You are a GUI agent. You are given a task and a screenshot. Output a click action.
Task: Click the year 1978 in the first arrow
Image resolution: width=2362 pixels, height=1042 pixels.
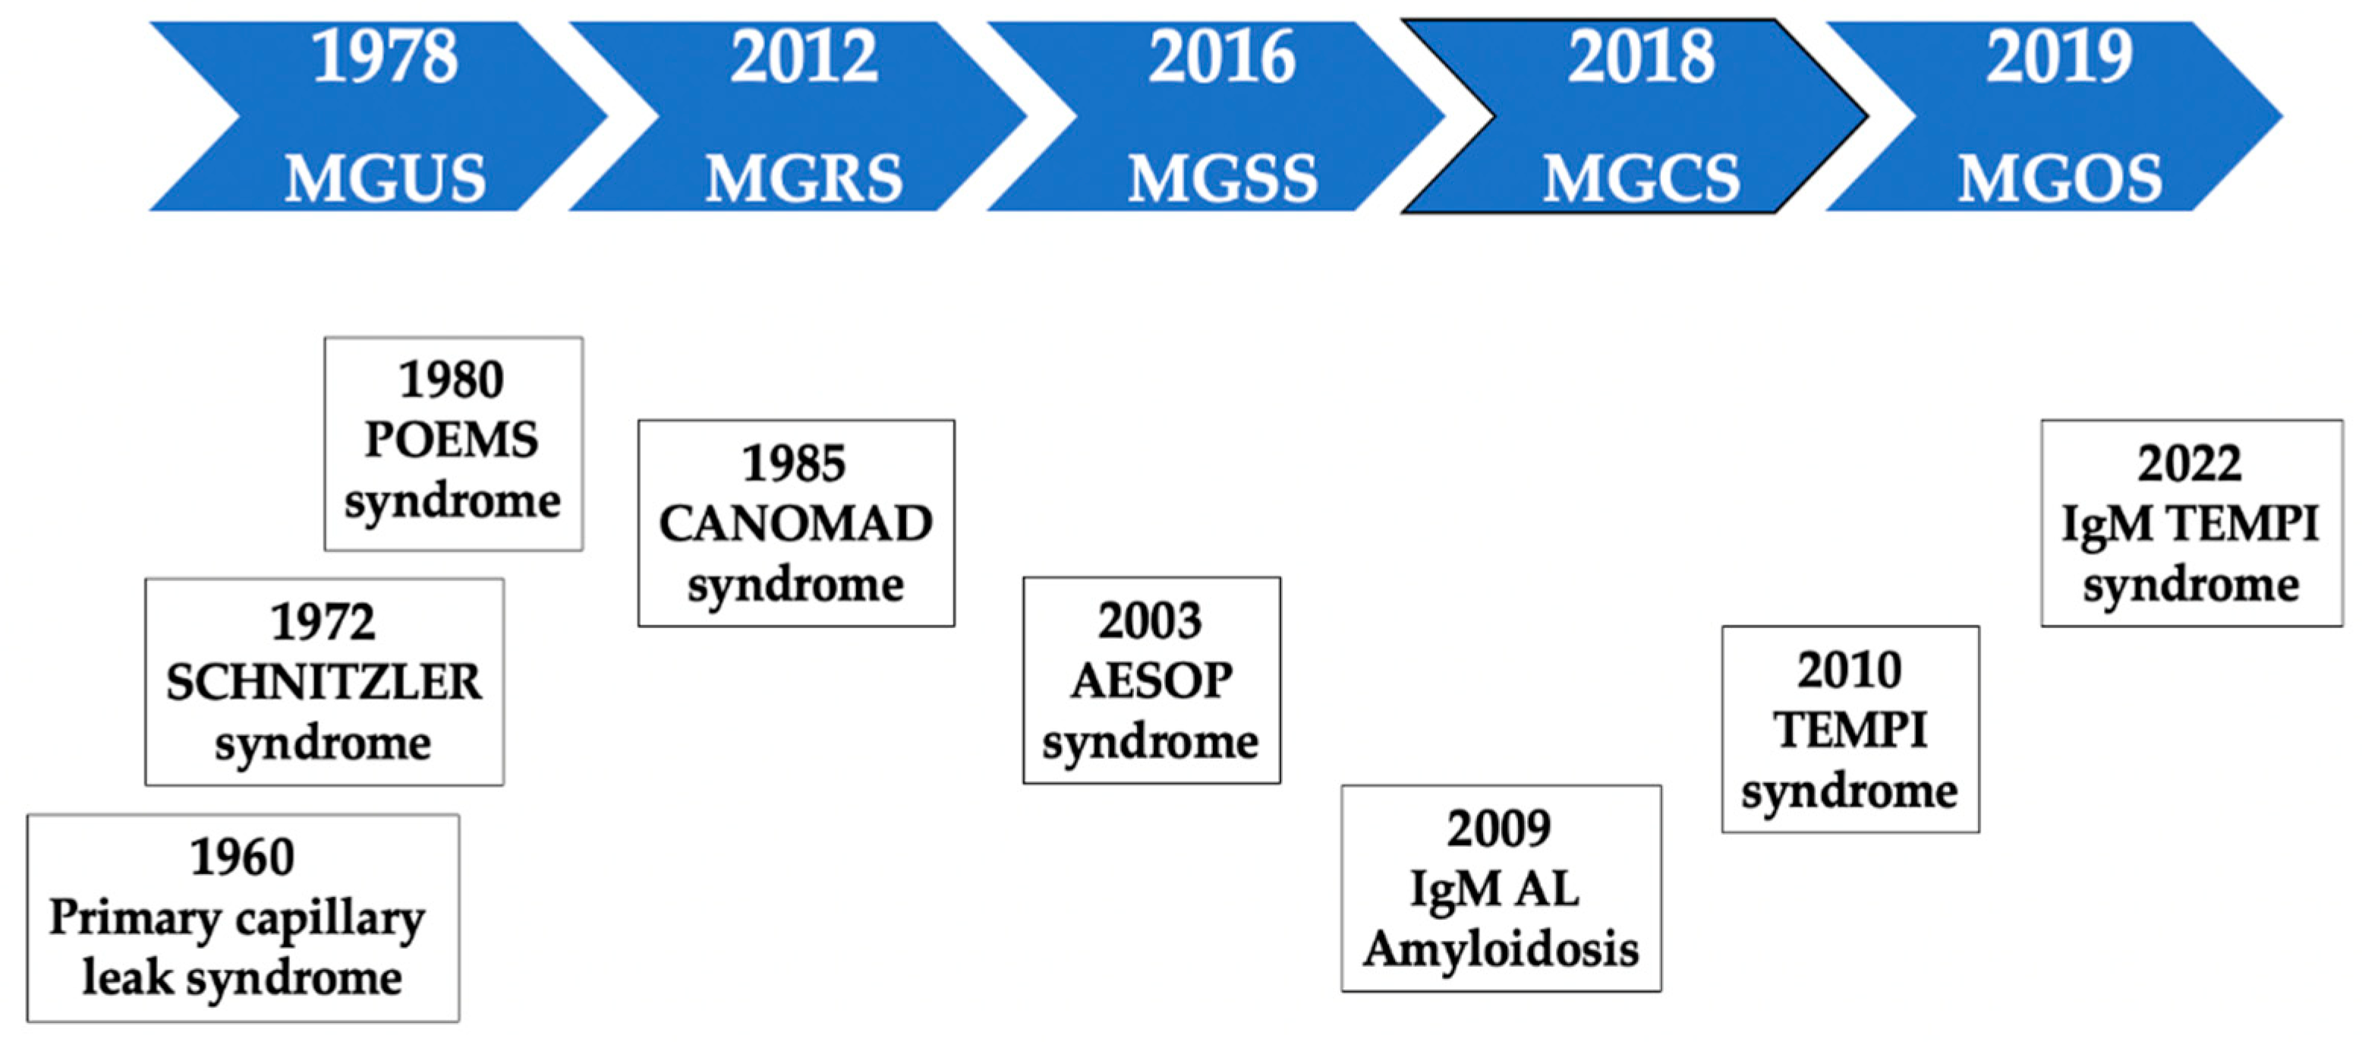[384, 58]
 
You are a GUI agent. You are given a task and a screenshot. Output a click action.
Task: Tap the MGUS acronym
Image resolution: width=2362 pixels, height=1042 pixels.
[384, 179]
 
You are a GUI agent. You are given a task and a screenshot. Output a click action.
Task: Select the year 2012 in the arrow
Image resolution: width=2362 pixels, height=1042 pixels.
[803, 58]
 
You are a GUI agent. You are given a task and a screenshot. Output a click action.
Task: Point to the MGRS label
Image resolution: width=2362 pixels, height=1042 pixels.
[803, 179]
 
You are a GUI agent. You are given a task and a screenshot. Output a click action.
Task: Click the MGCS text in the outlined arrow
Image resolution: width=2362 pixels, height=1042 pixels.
[1640, 179]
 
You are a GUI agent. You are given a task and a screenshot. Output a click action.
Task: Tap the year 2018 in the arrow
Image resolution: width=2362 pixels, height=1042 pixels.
[1640, 58]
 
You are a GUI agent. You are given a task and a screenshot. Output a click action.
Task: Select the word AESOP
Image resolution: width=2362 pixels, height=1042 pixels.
[1151, 681]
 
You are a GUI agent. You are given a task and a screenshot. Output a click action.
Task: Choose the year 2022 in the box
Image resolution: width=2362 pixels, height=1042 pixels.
[2190, 464]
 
